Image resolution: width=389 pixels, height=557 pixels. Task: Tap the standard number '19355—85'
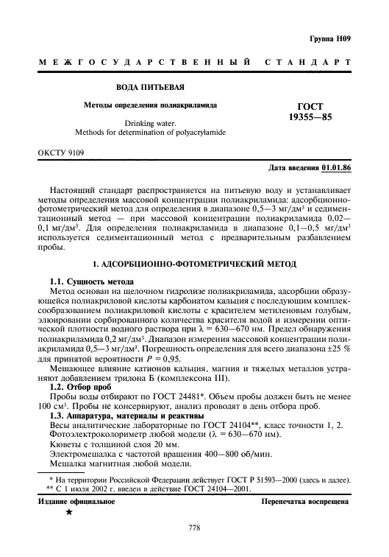pyautogui.click(x=310, y=117)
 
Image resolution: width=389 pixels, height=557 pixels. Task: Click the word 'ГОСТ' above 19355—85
pyautogui.click(x=310, y=106)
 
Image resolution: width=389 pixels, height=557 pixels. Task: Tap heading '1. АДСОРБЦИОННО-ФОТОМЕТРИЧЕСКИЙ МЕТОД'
pyautogui.click(x=194, y=263)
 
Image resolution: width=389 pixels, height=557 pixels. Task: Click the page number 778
pyautogui.click(x=195, y=527)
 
